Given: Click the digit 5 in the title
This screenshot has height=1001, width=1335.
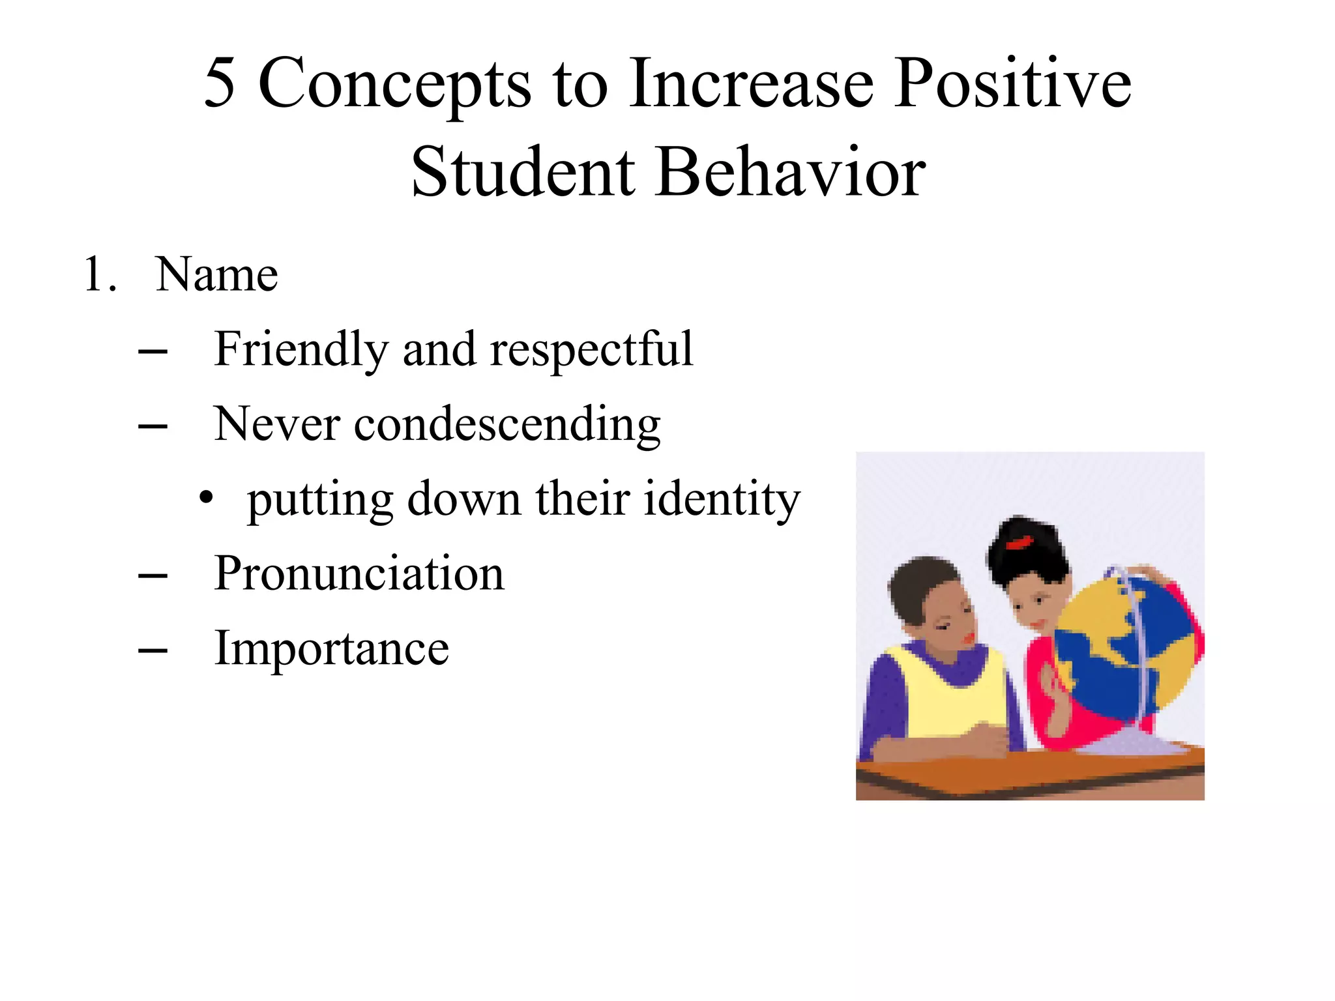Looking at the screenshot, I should [219, 83].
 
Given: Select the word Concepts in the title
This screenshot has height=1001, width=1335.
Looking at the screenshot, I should [394, 85].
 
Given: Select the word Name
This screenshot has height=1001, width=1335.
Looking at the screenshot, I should [216, 274].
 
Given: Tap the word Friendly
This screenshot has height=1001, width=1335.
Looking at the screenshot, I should [301, 350].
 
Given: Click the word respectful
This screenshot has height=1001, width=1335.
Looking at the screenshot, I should [591, 350].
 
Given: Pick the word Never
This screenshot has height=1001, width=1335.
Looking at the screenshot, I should [276, 424].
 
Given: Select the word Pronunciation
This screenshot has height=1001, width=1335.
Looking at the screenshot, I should [359, 574].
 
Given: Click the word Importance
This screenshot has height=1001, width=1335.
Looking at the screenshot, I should [331, 648].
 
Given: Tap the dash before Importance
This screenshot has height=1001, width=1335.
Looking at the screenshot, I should [153, 650].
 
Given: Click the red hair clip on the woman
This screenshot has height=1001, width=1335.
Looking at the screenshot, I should [1019, 542].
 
